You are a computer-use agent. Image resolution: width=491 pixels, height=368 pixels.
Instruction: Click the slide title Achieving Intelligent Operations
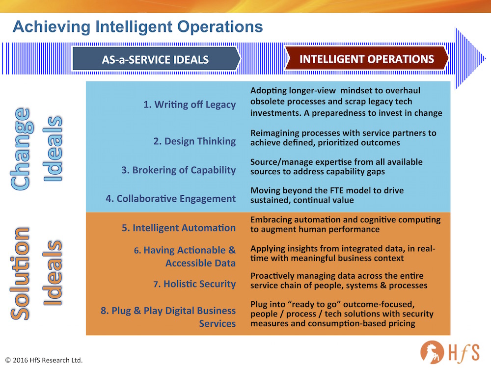point(138,27)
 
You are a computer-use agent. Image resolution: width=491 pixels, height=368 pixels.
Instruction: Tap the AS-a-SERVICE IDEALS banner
point(156,59)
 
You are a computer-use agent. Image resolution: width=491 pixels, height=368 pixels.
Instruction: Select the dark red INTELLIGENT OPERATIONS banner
point(366,58)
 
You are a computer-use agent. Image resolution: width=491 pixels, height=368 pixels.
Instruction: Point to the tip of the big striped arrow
point(486,58)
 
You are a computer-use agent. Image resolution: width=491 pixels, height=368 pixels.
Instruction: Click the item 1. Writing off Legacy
point(190,105)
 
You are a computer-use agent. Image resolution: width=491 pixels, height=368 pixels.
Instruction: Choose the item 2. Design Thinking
point(194,141)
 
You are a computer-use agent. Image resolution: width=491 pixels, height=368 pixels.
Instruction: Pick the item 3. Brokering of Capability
point(179,170)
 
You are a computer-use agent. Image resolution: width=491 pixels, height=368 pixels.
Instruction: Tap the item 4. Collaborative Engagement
point(171,199)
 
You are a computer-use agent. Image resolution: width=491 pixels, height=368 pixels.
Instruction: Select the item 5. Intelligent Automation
point(179,228)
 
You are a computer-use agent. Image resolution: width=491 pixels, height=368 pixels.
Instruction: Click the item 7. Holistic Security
point(194,284)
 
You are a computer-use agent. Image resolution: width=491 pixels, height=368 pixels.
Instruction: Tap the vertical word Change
point(21,149)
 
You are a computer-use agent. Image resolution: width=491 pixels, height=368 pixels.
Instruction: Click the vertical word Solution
point(20,273)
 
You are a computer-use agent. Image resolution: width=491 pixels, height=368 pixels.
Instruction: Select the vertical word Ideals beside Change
point(53,149)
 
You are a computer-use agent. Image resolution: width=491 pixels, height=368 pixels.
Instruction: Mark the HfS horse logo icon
point(432,352)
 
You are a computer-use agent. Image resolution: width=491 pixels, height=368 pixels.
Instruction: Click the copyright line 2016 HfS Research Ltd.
point(44,360)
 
